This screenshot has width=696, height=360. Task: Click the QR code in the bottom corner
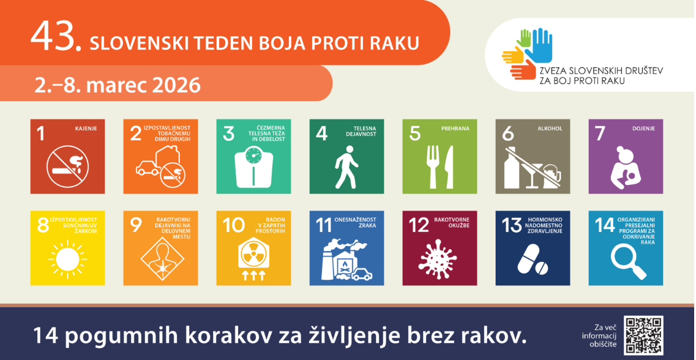643,336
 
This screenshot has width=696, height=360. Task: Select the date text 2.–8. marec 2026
118,84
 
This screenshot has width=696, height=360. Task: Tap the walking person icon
346,167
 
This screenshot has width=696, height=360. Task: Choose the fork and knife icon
440,167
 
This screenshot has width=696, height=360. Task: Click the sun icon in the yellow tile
67,260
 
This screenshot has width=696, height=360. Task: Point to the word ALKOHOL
549,129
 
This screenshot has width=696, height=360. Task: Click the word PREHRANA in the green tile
455,129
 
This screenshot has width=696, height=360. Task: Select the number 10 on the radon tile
234,225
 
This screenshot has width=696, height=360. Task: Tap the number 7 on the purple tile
601,133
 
